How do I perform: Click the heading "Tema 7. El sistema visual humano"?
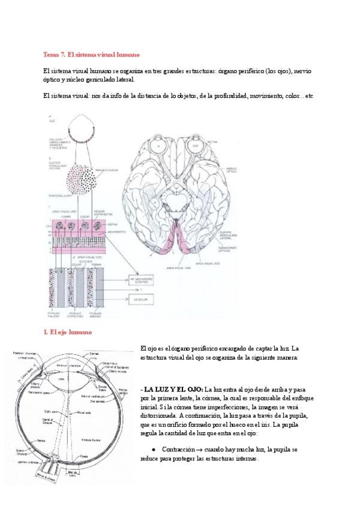pyautogui.click(x=92, y=55)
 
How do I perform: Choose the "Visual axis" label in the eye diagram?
pyautogui.click(x=85, y=413)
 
